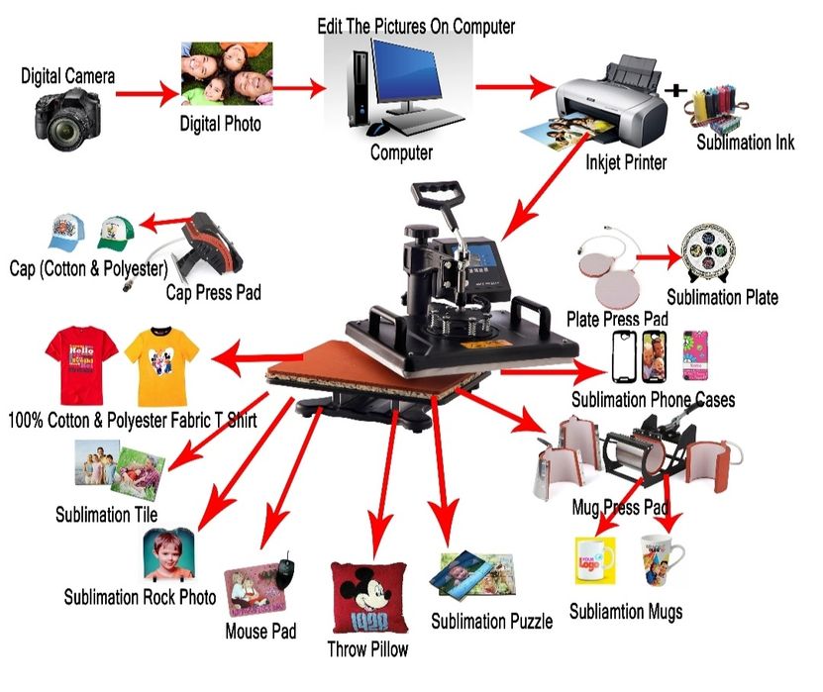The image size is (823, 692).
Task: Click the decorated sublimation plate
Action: pos(712,256)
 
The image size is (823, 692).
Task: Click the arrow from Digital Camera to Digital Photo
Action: pos(149,94)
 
